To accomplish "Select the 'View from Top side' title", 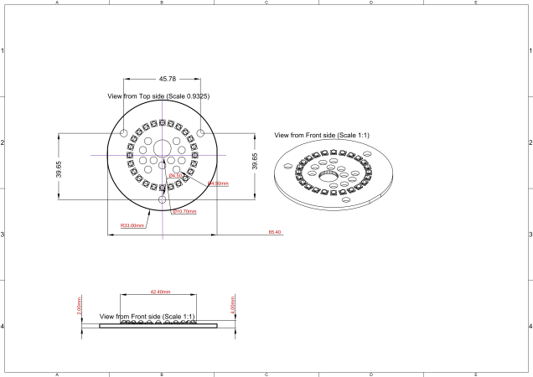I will point(158,96).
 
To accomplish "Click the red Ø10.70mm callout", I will point(184,212).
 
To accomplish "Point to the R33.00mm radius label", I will point(132,225).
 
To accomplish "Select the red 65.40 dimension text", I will point(274,232).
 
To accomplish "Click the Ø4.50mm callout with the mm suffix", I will point(217,183).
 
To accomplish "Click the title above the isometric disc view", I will point(323,135).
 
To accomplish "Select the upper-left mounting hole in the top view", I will point(124,134).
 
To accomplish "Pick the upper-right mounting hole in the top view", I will point(200,134).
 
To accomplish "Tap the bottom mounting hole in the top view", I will point(163,200).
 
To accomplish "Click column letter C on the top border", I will point(266,3).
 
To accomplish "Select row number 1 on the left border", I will point(3,51).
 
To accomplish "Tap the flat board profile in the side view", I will point(158,326).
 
